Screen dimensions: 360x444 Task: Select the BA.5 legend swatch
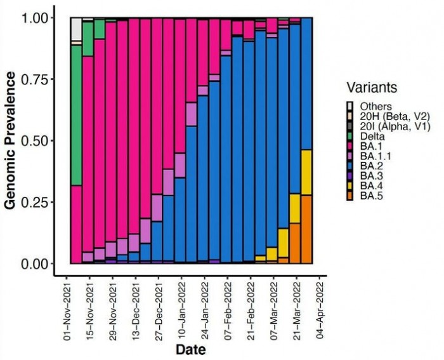[x=349, y=197]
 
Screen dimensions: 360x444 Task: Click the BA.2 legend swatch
[x=349, y=165]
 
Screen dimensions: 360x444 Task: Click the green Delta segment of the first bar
[x=76, y=114]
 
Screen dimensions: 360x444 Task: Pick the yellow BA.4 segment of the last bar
[x=307, y=172]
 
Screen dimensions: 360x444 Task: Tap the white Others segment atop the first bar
[x=76, y=29]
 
